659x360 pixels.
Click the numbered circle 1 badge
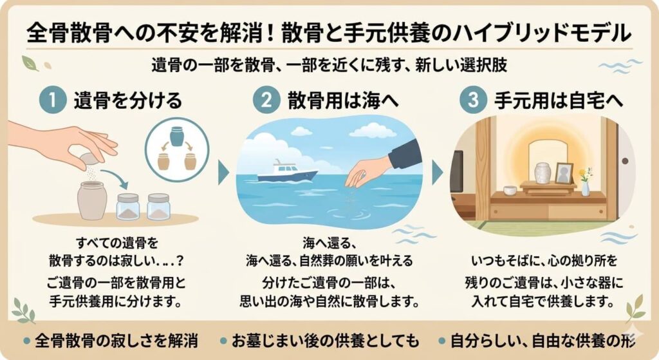click(52, 101)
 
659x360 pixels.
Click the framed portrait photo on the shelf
click(564, 173)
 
